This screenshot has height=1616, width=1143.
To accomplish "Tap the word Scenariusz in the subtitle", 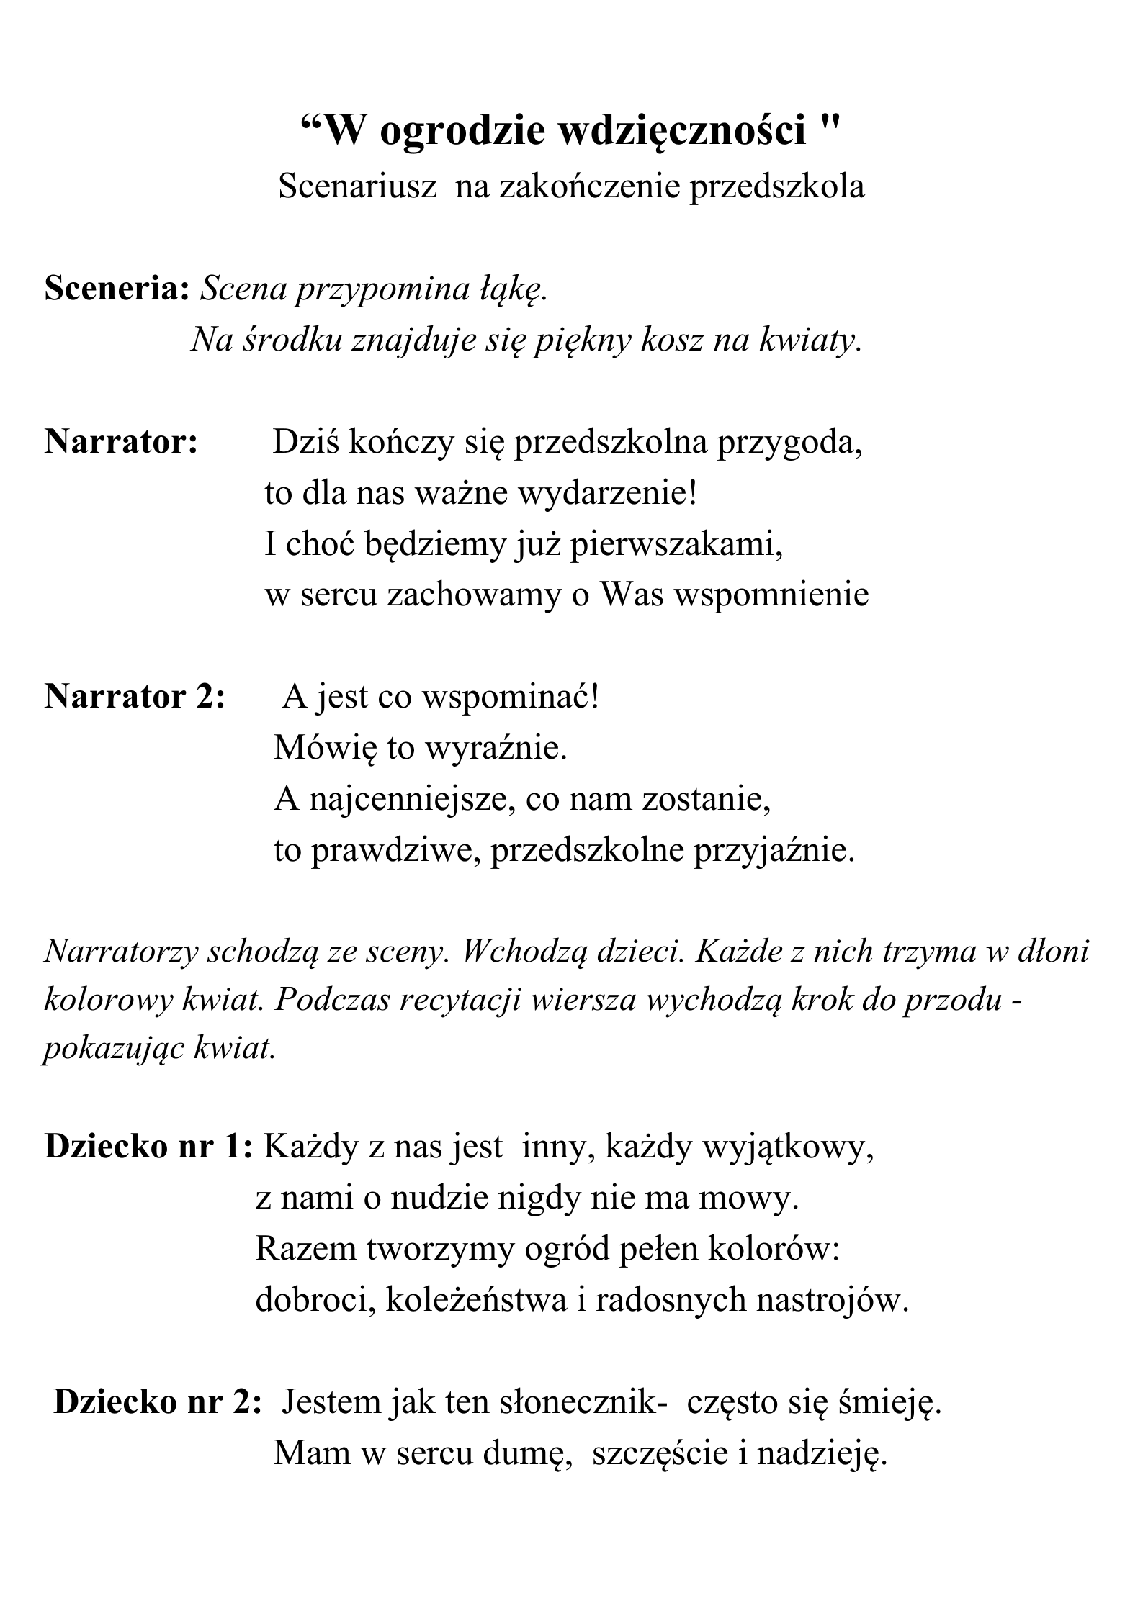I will (357, 187).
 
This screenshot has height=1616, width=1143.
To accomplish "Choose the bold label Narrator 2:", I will (135, 697).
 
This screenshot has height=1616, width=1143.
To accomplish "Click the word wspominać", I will (509, 697).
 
